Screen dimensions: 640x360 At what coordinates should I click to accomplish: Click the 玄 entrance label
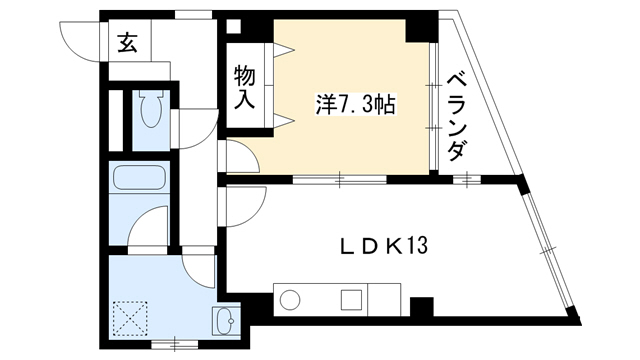pos(127,43)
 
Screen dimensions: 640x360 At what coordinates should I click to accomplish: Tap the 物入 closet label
pos(244,87)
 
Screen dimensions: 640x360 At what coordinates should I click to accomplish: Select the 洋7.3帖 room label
pos(355,105)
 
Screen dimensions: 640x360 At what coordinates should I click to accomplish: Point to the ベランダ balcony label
pos(456,118)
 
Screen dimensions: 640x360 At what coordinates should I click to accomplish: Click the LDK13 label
pos(384,246)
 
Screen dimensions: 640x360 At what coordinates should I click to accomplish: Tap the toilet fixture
pos(151,108)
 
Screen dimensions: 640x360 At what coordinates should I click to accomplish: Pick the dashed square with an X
pos(130,318)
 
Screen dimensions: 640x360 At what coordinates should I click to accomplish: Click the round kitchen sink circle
pos(290,300)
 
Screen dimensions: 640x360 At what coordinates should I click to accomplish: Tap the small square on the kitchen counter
pos(351,300)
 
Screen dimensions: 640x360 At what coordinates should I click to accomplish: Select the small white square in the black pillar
pos(234,26)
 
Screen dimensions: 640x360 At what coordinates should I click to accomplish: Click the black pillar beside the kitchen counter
pos(422,307)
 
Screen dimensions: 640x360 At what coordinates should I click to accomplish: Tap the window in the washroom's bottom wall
pos(175,344)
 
